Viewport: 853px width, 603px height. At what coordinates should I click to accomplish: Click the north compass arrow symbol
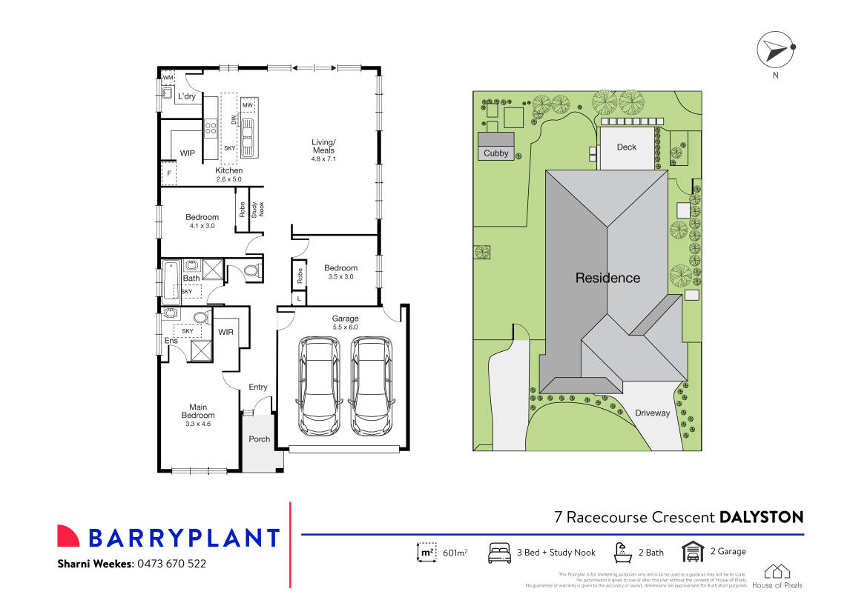click(x=774, y=51)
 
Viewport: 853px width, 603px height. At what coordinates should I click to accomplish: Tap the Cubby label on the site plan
click(x=496, y=153)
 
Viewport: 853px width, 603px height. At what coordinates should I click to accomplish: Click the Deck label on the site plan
click(x=627, y=147)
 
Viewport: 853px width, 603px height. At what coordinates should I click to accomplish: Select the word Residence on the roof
click(x=607, y=279)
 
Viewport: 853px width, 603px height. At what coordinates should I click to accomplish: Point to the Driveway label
click(x=652, y=413)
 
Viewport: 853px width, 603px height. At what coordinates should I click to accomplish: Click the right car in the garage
click(x=370, y=386)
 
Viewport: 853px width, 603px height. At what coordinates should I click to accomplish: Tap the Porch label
click(x=260, y=439)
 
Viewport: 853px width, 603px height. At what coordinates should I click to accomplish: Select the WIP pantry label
click(x=188, y=153)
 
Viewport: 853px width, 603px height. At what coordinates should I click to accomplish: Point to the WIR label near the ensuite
click(x=225, y=332)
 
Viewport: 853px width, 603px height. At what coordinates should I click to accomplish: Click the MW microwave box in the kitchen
click(x=248, y=106)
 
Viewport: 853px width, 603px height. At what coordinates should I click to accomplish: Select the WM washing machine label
click(x=168, y=78)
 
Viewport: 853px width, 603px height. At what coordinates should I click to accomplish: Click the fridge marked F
click(x=170, y=173)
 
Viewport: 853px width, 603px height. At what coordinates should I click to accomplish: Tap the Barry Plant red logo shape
click(x=68, y=536)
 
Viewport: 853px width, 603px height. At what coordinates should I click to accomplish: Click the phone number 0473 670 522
click(x=171, y=564)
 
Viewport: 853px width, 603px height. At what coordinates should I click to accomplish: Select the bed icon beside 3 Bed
click(x=499, y=552)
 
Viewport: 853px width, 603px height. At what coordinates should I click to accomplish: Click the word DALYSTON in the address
click(x=762, y=517)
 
